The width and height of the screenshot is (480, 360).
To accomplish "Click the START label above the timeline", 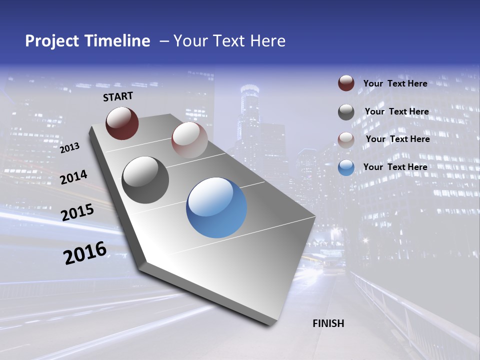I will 118,96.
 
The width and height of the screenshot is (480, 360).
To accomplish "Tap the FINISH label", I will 328,323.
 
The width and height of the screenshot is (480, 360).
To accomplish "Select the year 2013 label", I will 70,147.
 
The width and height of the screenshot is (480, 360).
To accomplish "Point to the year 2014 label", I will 74,177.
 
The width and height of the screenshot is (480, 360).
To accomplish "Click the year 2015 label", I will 77,212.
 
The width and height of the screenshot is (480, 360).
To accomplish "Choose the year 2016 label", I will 85,253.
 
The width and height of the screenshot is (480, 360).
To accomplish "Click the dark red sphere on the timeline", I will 122,123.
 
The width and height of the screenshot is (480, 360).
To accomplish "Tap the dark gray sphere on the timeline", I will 145,180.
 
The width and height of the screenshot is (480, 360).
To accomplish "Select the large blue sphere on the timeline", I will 216,207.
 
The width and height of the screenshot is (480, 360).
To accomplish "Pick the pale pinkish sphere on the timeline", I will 189,139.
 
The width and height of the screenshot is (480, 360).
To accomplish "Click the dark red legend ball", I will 346,83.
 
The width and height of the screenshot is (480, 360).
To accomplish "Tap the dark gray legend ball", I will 346,112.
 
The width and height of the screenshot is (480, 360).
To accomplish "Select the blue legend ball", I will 346,167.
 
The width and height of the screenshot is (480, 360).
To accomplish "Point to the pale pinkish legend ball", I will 346,139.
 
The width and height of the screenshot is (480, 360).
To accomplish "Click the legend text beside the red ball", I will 395,83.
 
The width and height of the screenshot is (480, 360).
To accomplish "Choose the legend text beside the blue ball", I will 395,167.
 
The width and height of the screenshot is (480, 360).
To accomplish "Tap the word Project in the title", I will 51,41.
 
